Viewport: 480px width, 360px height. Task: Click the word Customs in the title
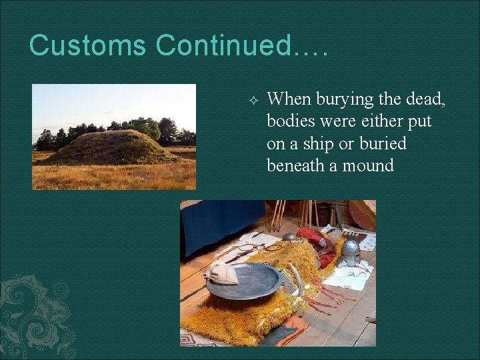click(x=87, y=46)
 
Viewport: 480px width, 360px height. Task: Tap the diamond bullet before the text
click(x=252, y=100)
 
